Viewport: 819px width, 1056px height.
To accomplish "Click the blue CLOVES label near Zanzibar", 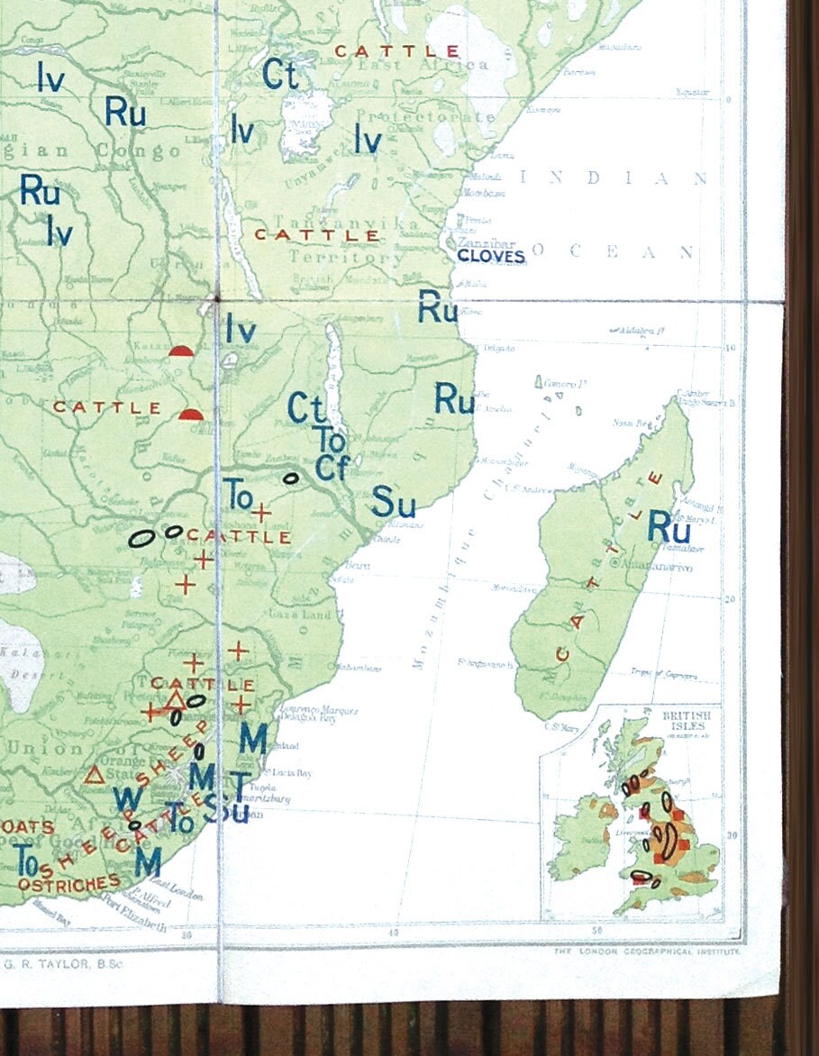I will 491,257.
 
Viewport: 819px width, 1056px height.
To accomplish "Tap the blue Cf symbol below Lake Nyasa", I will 332,469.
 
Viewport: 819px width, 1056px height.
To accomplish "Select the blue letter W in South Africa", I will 127,800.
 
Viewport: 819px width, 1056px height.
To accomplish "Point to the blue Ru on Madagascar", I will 669,527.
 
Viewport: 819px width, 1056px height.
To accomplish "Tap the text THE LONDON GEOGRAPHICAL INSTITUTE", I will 647,951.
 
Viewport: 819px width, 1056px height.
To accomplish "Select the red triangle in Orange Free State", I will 93,774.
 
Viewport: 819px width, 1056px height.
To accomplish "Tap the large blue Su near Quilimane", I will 394,503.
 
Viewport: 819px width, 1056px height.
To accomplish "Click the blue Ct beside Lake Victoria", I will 280,75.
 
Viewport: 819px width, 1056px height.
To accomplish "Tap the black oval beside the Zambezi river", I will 291,478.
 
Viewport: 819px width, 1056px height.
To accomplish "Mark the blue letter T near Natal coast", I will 240,783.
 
